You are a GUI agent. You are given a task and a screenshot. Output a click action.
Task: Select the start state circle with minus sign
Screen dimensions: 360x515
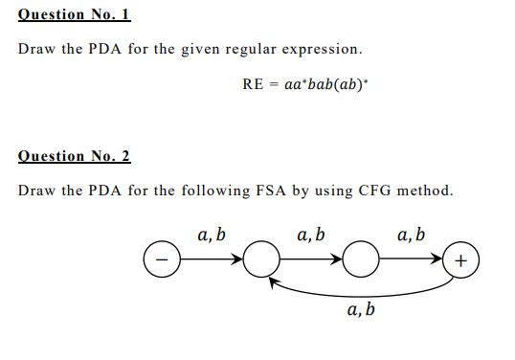[161, 259]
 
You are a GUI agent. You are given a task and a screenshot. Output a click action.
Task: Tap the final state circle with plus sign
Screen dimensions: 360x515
[461, 259]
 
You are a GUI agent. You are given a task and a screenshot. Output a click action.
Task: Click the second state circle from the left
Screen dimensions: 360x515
[261, 259]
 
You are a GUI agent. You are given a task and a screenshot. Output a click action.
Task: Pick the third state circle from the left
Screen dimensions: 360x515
[359, 259]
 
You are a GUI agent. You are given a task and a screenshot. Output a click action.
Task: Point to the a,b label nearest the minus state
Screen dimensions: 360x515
[211, 235]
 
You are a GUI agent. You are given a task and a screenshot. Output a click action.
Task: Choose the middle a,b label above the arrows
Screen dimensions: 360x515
[310, 235]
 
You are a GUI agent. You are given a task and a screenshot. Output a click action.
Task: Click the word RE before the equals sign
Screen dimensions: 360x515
[253, 83]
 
